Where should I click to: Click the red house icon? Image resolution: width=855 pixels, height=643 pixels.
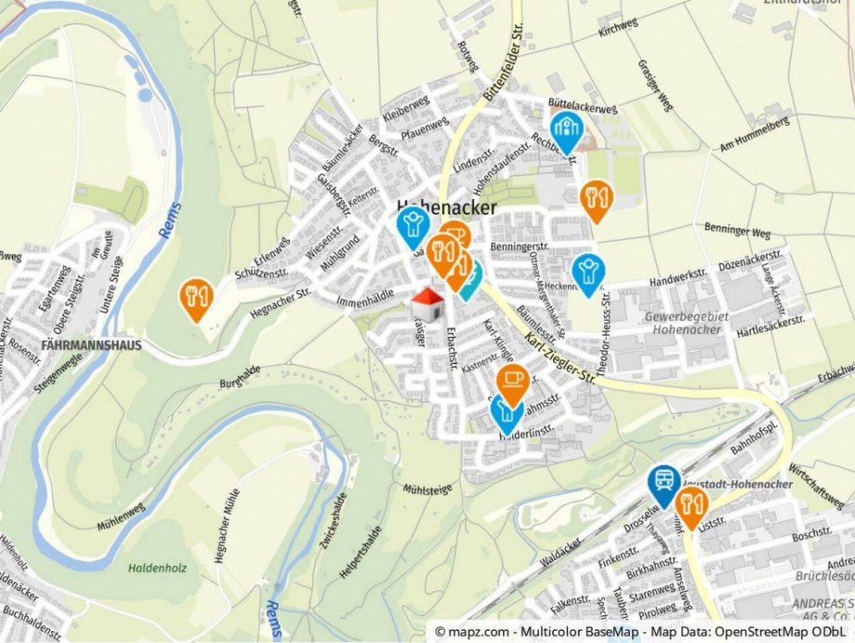point(427,302)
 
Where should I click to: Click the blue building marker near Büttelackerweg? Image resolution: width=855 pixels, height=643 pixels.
point(565,130)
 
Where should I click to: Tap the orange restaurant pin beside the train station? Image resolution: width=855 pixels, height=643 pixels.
point(691,505)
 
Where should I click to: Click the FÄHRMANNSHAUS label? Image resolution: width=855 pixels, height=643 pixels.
point(92,344)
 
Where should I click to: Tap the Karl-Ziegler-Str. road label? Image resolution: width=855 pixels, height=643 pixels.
point(559,356)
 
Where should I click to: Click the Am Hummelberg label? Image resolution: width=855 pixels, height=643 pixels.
point(754,135)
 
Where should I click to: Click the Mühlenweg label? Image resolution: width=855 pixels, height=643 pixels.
point(122,516)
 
